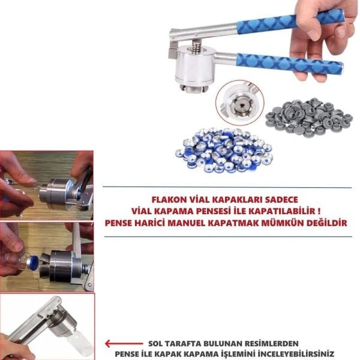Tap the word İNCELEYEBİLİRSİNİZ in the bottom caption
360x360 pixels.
293,354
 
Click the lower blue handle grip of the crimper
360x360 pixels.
288,64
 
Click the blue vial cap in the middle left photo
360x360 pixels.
33,262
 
